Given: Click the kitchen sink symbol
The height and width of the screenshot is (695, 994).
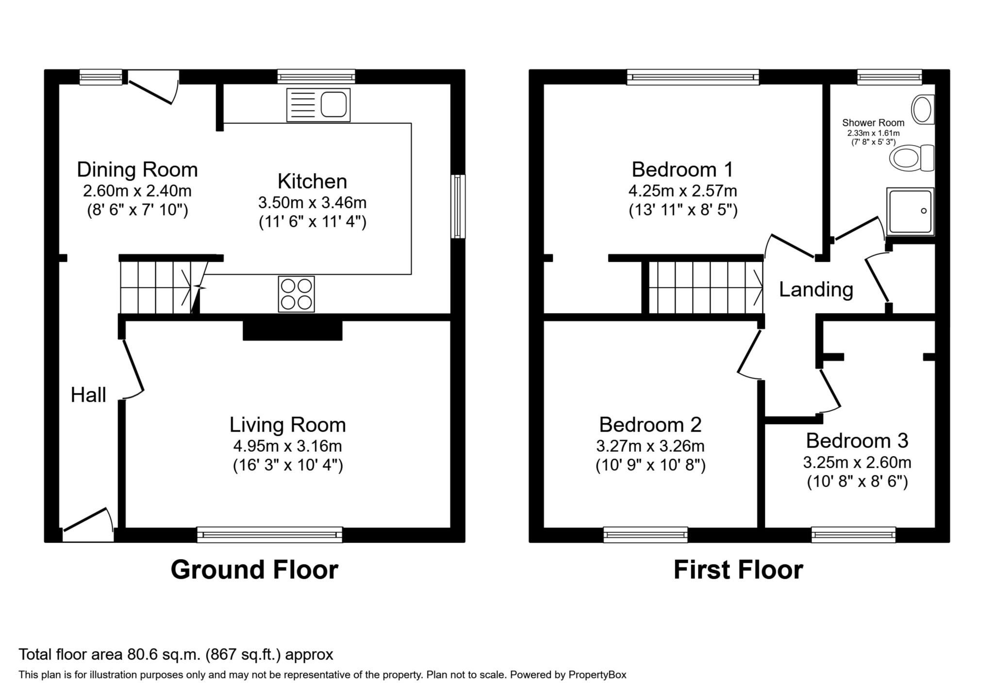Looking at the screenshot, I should pyautogui.click(x=318, y=105).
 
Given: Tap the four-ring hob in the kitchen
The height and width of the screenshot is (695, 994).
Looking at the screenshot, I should pyautogui.click(x=296, y=294).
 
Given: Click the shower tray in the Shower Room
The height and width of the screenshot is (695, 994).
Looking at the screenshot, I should pyautogui.click(x=910, y=211).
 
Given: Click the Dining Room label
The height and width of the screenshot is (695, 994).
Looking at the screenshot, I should pyautogui.click(x=137, y=170).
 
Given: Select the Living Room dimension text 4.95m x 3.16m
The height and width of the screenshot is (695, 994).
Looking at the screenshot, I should pyautogui.click(x=287, y=445).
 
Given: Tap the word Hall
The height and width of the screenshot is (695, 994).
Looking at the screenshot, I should pyautogui.click(x=88, y=395).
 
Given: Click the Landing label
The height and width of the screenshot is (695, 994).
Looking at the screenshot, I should pyautogui.click(x=816, y=290).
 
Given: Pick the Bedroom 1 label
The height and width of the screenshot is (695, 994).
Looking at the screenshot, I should pyautogui.click(x=682, y=170).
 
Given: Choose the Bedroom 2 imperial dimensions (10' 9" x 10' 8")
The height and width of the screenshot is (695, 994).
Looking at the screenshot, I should pyautogui.click(x=650, y=466).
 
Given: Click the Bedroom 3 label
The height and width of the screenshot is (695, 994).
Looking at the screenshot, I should pyautogui.click(x=857, y=440).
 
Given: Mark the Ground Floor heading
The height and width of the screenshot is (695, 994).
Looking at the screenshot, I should pyautogui.click(x=254, y=569).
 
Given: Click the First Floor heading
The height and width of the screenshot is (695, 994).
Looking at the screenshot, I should pyautogui.click(x=738, y=569).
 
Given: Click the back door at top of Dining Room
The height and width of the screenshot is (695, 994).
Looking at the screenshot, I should pyautogui.click(x=153, y=87).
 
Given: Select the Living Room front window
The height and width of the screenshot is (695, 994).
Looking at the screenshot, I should pyautogui.click(x=269, y=534).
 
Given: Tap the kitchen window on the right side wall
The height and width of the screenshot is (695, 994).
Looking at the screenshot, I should pyautogui.click(x=458, y=207).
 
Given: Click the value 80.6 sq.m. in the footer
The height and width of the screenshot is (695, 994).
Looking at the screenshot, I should pyautogui.click(x=164, y=655).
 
